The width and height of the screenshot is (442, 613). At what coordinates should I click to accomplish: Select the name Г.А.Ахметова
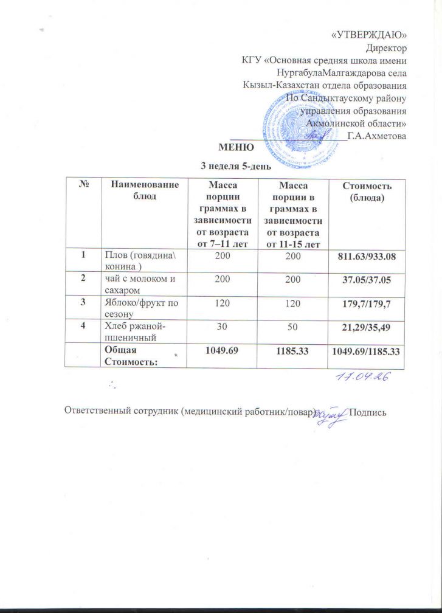click(376, 136)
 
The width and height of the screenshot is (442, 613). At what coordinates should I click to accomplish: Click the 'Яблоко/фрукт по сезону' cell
click(141, 305)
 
